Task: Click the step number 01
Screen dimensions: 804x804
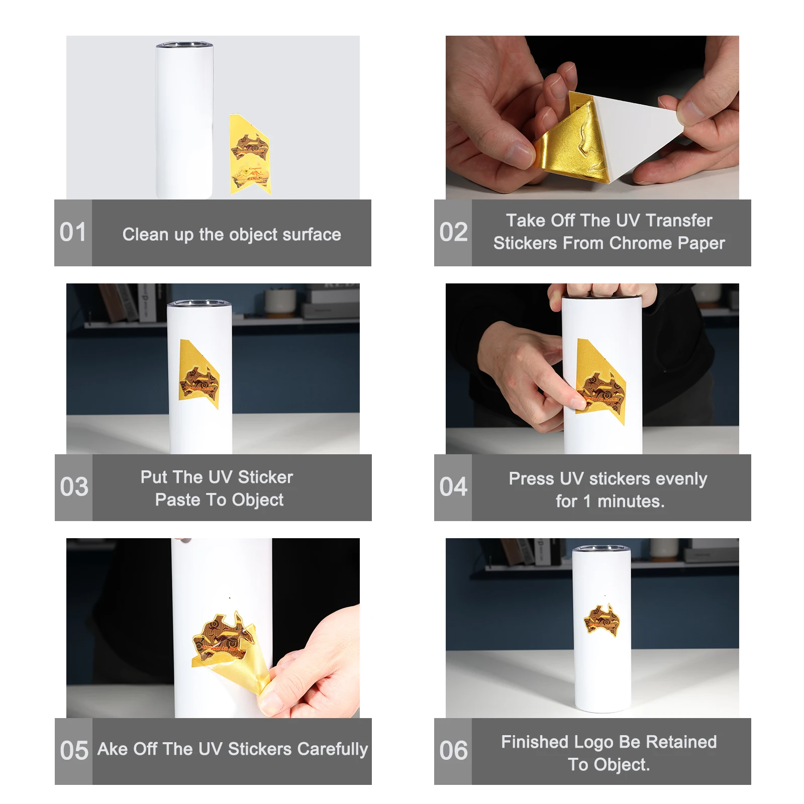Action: pyautogui.click(x=73, y=232)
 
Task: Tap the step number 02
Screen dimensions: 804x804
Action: pyautogui.click(x=453, y=232)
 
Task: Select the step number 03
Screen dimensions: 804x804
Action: pyautogui.click(x=74, y=487)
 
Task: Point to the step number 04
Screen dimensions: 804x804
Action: pyautogui.click(x=453, y=487)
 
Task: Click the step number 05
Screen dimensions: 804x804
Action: pyautogui.click(x=74, y=751)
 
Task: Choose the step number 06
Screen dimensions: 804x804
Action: pyautogui.click(x=453, y=751)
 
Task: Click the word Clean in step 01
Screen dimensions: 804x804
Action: pyautogui.click(x=145, y=234)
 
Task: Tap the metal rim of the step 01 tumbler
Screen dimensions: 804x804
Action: pyautogui.click(x=184, y=46)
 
